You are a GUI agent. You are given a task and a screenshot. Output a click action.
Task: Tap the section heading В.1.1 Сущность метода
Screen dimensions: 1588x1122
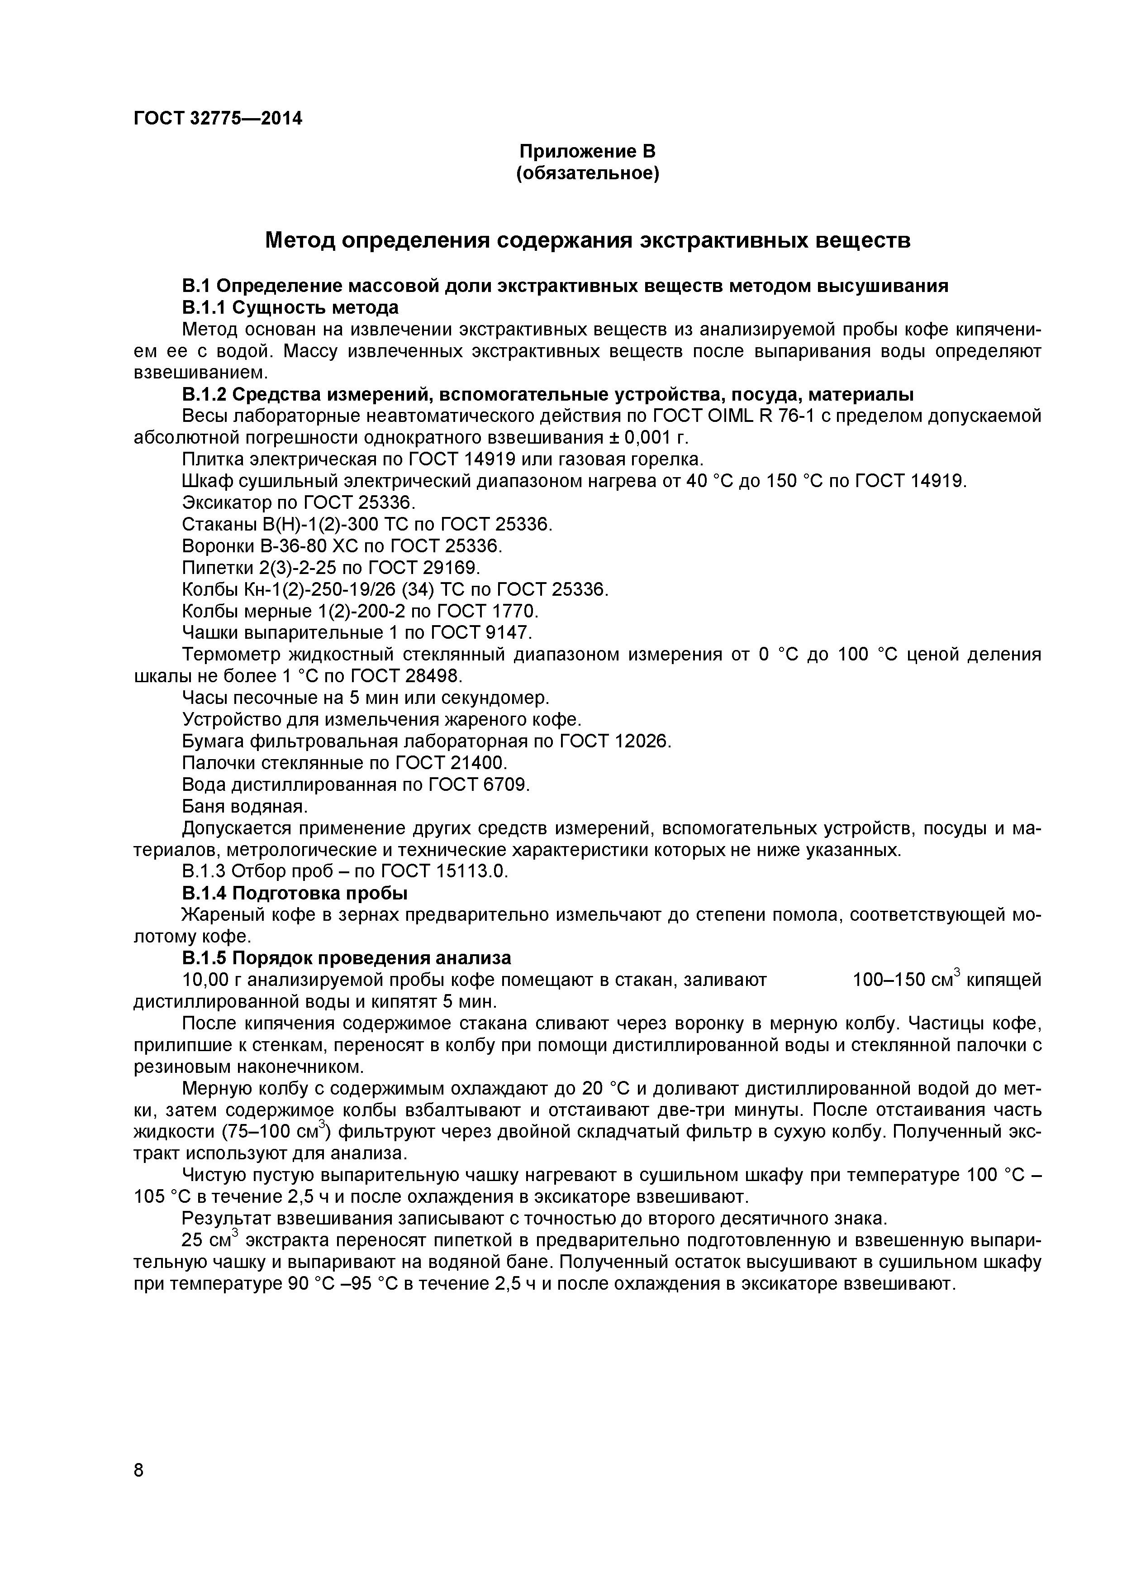290,307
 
